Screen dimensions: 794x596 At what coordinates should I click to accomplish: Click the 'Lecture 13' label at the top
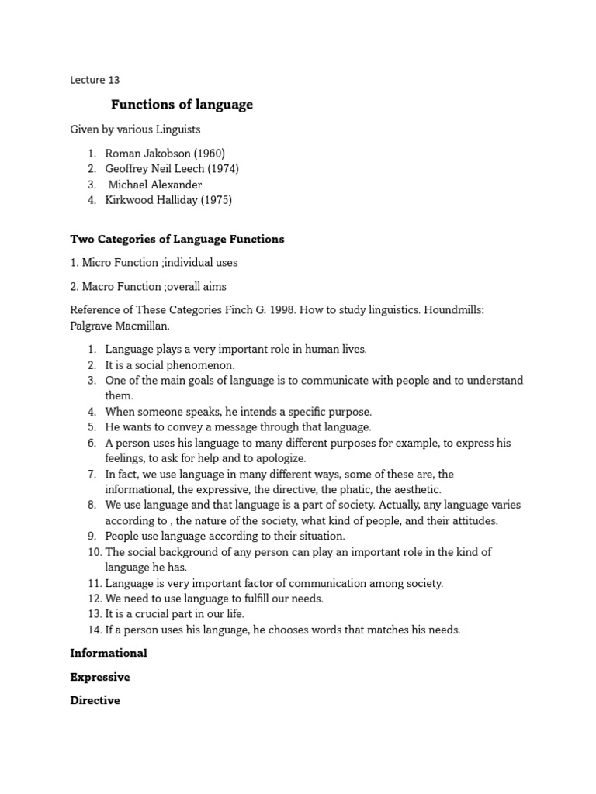pos(95,79)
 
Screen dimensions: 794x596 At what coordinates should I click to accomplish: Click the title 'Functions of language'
pos(182,105)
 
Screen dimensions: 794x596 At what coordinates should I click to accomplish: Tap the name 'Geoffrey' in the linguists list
pos(128,169)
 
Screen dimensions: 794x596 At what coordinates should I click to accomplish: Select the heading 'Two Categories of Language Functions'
pos(177,239)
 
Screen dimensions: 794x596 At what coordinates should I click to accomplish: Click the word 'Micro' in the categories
pos(97,263)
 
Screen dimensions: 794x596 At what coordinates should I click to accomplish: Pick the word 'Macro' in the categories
pos(98,286)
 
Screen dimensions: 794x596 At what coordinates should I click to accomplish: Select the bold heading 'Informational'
pos(109,654)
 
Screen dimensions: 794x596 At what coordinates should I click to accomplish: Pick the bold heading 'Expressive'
pos(100,677)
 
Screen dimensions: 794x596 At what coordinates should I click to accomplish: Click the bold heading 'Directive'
pos(95,700)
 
